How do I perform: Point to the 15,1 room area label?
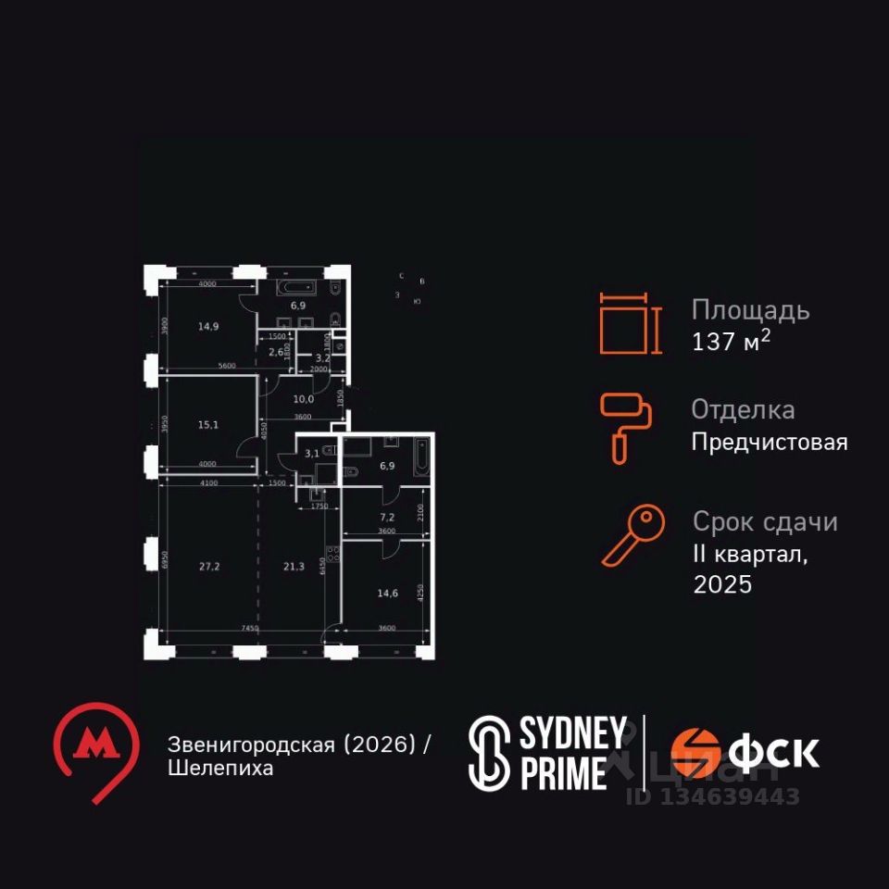[x=209, y=425]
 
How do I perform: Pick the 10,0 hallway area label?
[x=304, y=399]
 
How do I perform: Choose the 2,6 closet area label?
[x=276, y=352]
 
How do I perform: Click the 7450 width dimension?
[x=248, y=629]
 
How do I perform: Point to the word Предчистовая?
[x=769, y=443]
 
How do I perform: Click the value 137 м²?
[x=732, y=342]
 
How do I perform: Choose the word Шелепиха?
[x=220, y=769]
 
